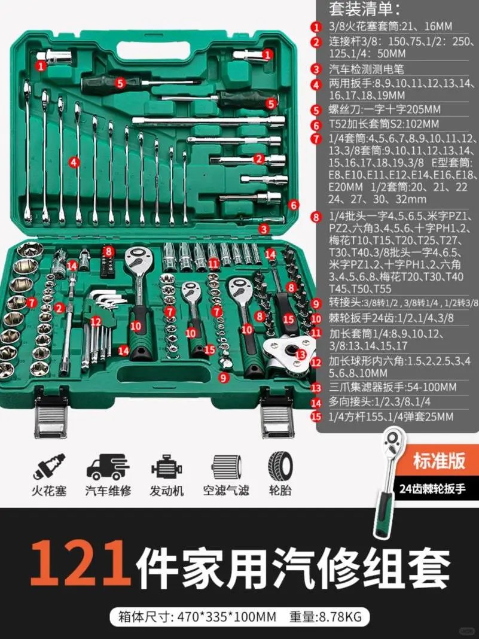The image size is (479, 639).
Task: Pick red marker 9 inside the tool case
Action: [x=223, y=377]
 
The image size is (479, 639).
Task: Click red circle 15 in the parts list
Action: [x=316, y=417]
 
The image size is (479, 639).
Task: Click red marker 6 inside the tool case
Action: [x=293, y=205]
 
